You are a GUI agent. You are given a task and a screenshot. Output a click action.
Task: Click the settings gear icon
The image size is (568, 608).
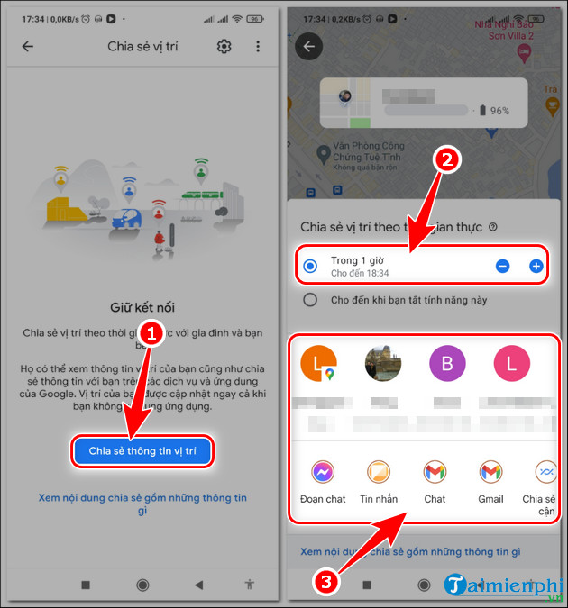coord(224,47)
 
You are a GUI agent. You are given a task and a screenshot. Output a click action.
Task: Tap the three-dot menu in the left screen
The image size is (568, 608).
coord(258,47)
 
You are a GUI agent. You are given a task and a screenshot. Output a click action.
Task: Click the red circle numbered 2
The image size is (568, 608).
coord(448,160)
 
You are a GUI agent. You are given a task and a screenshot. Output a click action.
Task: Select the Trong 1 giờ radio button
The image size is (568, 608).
coord(311,266)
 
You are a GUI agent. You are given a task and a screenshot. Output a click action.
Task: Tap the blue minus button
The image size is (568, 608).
coord(503,266)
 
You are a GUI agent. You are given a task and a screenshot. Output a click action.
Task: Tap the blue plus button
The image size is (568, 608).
coord(536,266)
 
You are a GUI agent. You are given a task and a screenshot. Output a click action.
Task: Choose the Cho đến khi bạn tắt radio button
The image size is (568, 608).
coord(311,300)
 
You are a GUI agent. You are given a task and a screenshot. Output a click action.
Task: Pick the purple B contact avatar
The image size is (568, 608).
coord(448,365)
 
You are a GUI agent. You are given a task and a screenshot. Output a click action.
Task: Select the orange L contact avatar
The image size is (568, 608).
coord(318,365)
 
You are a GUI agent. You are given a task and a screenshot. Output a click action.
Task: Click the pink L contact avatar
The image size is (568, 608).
coord(512,365)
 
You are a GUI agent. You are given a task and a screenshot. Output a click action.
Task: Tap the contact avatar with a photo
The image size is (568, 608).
coord(383,365)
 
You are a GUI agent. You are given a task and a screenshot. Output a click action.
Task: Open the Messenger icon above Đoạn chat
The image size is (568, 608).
coord(323,471)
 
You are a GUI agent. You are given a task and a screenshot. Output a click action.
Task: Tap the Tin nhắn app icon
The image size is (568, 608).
coord(379,471)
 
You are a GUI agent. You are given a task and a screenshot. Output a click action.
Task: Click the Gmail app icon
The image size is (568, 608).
coord(490,471)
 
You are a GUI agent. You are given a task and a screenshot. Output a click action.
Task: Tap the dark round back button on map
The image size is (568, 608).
coord(310,47)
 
